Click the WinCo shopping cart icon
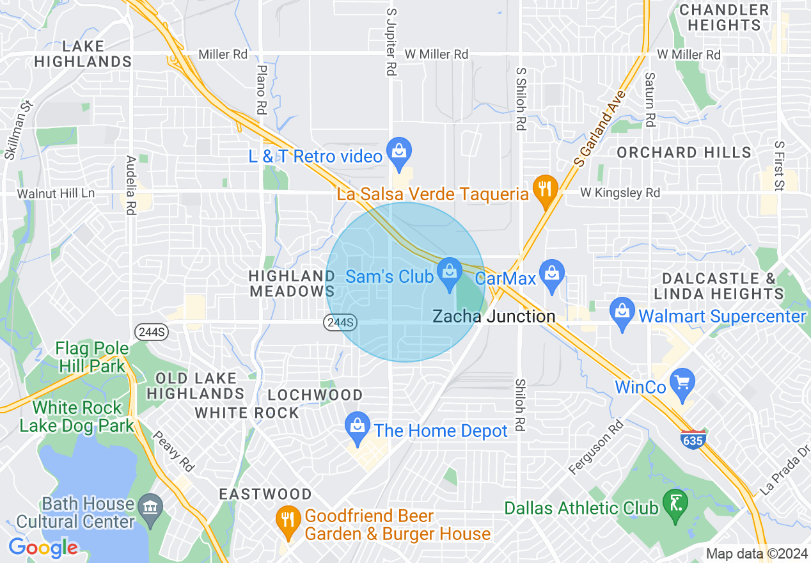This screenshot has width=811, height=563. point(683,383)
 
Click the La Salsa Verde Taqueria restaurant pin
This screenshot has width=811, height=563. point(545,190)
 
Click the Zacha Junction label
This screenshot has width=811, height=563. point(494,316)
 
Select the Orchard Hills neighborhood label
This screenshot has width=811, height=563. point(684,152)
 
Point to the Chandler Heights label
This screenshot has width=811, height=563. point(724,17)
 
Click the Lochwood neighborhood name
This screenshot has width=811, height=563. point(315,395)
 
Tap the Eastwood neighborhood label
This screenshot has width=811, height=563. point(265,494)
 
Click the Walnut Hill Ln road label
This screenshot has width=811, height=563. point(56,193)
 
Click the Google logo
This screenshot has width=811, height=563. point(43,547)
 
